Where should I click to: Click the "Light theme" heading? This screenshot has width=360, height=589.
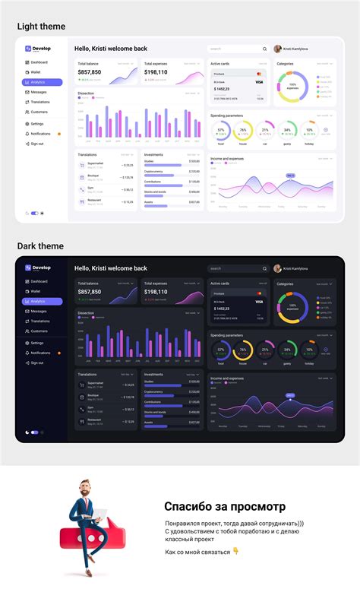click(x=41, y=27)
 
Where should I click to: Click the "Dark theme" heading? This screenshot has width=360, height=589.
click(x=40, y=246)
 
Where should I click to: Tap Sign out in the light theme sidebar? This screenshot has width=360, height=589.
click(x=36, y=144)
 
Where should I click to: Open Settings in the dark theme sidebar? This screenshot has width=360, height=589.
click(x=36, y=343)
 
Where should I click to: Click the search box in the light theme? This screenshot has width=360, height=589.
click(x=237, y=49)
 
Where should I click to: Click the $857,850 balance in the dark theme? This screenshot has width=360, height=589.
click(x=89, y=292)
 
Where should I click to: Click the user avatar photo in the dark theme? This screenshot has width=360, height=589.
click(x=277, y=268)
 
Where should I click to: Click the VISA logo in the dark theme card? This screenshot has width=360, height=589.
click(x=259, y=302)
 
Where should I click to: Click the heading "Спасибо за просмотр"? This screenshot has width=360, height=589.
click(x=225, y=506)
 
